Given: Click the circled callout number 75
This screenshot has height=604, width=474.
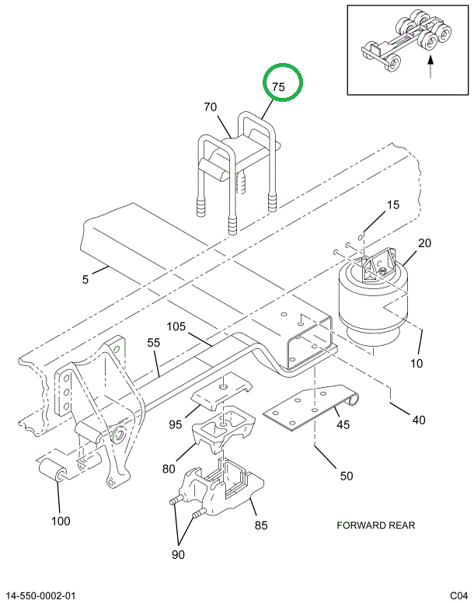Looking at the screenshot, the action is (278, 87).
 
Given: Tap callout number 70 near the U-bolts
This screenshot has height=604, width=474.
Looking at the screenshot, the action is (211, 107).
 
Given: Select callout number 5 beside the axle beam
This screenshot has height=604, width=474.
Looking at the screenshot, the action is (85, 279).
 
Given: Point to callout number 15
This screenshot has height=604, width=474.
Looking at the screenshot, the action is (392, 204).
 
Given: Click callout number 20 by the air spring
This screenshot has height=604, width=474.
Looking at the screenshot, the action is (424, 243).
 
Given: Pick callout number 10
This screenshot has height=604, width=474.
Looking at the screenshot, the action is (416, 363).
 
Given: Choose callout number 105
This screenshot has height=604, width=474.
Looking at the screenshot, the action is (176, 326).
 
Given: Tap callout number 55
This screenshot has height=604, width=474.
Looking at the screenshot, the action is (154, 343).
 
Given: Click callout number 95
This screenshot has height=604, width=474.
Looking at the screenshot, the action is (175, 424).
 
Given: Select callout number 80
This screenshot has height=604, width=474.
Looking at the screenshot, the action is (169, 469).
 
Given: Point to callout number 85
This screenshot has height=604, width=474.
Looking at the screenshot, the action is (260, 525).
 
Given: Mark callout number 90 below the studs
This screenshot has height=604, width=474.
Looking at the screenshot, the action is (178, 555).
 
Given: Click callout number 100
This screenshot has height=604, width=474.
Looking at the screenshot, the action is (61, 521).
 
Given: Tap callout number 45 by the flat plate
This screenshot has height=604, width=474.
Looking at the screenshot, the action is (343, 424).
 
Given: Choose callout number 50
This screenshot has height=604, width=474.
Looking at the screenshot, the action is (346, 476).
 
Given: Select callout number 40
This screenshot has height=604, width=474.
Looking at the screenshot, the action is (419, 420).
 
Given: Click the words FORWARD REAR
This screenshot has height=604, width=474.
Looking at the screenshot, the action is (376, 525).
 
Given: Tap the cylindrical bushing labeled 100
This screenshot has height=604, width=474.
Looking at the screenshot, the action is (54, 470).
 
